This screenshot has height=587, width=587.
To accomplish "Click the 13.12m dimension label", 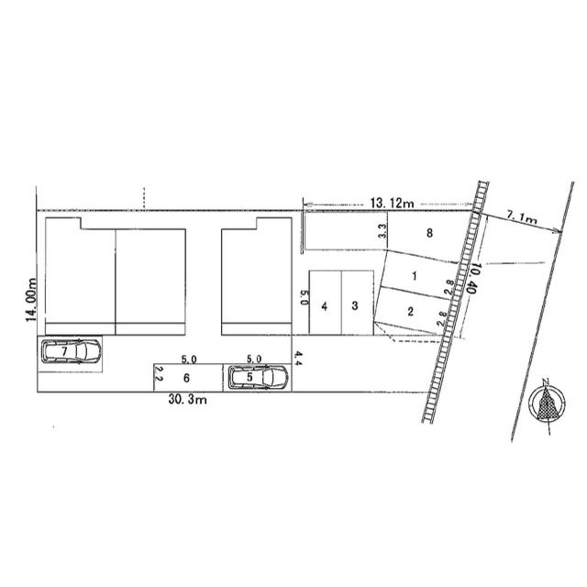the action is [392, 204].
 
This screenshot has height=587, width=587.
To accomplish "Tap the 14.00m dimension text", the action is [31, 300].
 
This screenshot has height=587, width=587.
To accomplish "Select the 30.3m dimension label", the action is [187, 400].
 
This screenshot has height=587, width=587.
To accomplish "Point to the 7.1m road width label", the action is [522, 217].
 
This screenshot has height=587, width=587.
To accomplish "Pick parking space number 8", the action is [429, 233].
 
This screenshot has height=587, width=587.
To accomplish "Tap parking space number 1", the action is [414, 276].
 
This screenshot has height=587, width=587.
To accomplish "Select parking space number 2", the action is [410, 311].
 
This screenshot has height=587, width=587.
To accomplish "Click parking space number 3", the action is [355, 305].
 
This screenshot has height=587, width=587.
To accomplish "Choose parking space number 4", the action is [324, 306].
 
